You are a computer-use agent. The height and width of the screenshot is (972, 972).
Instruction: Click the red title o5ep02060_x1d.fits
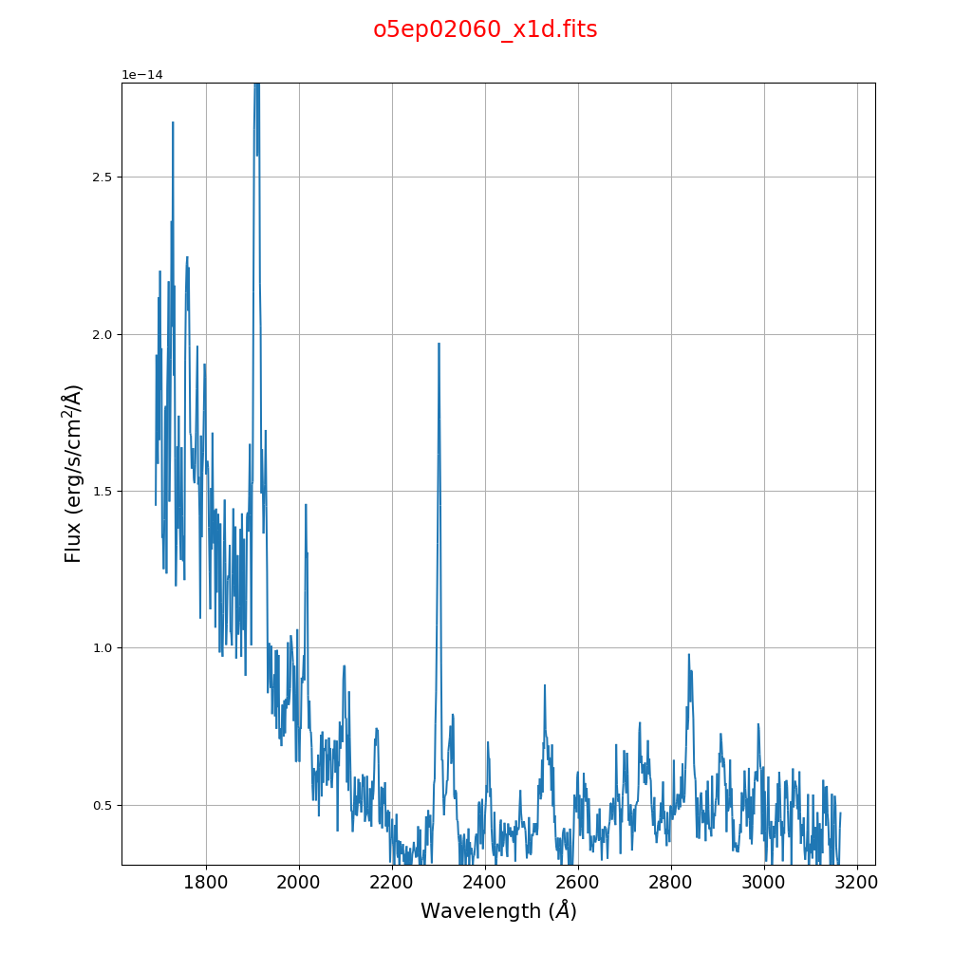click(x=485, y=30)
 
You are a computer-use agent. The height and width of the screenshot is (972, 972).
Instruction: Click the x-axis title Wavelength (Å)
click(x=498, y=911)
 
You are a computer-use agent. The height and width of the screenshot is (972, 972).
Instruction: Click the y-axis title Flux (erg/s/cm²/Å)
click(x=74, y=473)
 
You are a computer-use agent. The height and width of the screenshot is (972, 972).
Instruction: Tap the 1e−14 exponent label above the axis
click(x=142, y=75)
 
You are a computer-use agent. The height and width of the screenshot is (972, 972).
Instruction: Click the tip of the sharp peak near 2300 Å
click(x=439, y=344)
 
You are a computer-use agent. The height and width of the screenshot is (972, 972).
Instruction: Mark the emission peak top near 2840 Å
click(x=689, y=654)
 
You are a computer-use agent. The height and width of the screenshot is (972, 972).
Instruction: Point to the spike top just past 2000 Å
click(x=306, y=504)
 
